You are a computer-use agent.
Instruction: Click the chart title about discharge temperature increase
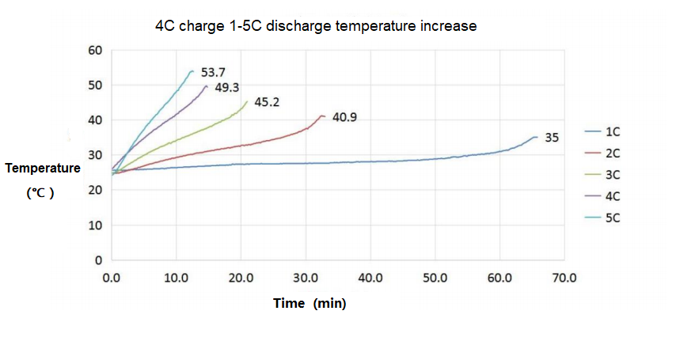point(316,26)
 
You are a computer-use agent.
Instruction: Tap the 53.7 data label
point(214,72)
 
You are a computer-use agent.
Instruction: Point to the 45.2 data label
point(266,102)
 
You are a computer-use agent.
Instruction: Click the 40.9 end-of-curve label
point(345,117)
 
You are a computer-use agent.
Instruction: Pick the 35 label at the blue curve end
point(552,138)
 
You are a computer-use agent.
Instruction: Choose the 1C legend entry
point(613,131)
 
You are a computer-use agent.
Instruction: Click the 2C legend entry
point(613,153)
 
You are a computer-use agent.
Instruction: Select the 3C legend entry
point(613,174)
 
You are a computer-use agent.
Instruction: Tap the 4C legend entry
point(613,195)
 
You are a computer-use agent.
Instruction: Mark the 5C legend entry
point(613,217)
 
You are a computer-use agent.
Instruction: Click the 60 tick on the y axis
point(97,50)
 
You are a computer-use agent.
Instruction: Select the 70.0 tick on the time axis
point(564,278)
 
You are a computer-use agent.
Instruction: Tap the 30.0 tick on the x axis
point(306,278)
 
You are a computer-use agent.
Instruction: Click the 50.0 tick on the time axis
point(435,278)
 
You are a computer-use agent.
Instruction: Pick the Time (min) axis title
point(310,303)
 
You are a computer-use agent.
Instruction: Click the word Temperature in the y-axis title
point(43,169)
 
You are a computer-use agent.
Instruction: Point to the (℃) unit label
point(40,192)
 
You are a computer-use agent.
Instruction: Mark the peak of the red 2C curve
point(321,116)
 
